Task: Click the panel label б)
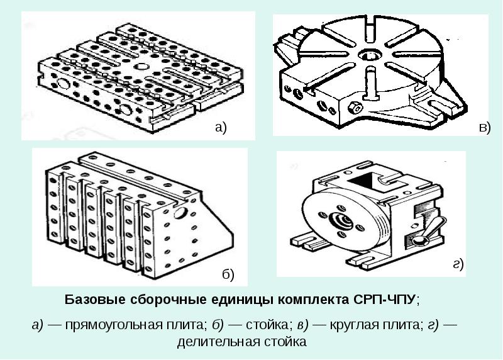228,274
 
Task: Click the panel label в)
484,127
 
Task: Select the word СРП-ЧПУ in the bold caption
386,298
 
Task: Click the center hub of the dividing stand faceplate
343,220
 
